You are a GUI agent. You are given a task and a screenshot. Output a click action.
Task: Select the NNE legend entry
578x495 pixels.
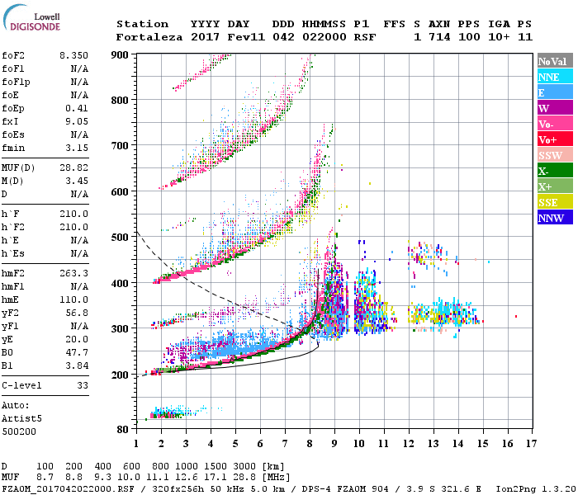pos(554,77)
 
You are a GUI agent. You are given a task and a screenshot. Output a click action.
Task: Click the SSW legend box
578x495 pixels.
pos(554,155)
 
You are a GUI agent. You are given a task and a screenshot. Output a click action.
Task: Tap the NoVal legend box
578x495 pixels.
pos(554,61)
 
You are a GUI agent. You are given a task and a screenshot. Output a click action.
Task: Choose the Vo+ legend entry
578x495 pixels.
pos(554,139)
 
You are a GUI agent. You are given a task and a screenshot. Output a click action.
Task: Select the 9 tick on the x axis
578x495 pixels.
pos(334,443)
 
